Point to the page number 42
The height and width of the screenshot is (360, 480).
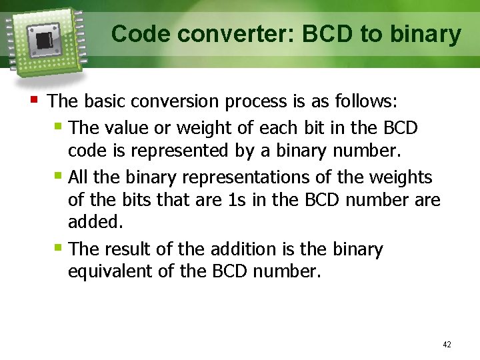click(447, 345)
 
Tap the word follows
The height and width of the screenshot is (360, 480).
click(366, 101)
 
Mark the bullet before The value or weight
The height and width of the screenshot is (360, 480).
click(59, 125)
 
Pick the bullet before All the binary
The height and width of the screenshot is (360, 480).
click(59, 176)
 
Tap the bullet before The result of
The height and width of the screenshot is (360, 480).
click(59, 248)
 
